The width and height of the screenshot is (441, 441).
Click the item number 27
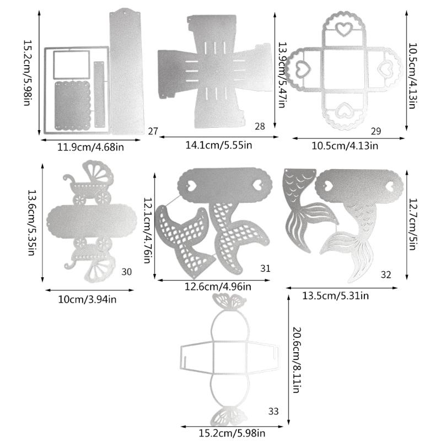[153, 131]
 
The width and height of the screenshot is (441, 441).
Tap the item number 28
[260, 126]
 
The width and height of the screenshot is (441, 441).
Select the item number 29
[376, 131]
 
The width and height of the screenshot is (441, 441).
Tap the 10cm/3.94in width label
[89, 299]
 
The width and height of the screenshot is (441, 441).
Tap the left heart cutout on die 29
[302, 68]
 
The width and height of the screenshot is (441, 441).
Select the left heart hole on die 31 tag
[190, 186]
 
